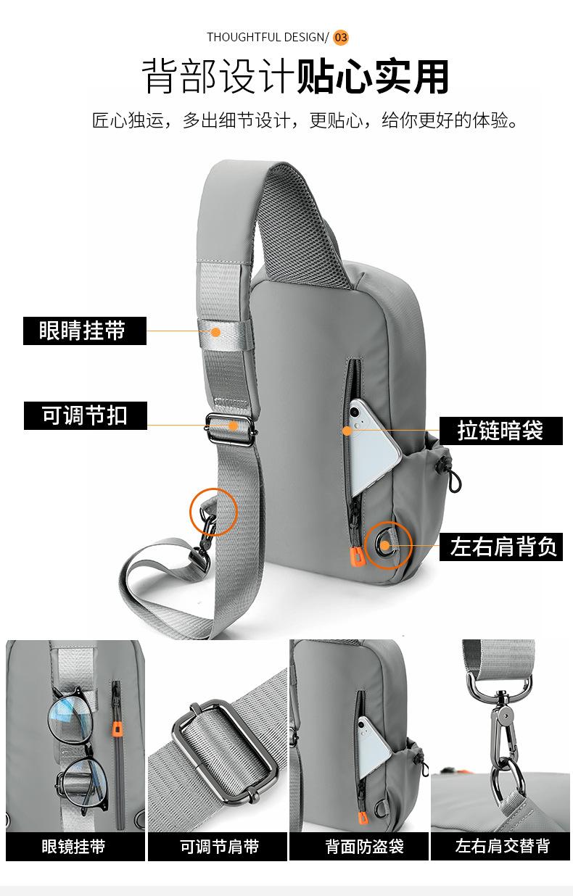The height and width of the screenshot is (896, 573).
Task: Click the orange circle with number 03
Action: click(341, 37)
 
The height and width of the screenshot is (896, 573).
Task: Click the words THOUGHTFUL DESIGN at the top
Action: click(265, 37)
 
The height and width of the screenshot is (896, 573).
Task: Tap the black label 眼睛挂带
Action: click(84, 331)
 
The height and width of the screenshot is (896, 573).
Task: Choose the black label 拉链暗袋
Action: click(500, 430)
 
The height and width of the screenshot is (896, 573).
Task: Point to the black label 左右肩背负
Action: click(503, 546)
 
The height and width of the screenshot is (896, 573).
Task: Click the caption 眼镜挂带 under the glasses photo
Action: click(73, 846)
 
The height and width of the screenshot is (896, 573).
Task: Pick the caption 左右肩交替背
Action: click(503, 846)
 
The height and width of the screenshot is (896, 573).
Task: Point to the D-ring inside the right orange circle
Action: click(385, 545)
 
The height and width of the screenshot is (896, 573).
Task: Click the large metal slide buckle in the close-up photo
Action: click(225, 750)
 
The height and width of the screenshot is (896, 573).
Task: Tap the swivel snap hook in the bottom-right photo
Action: click(502, 725)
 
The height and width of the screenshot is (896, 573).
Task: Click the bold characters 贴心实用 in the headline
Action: click(373, 78)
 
